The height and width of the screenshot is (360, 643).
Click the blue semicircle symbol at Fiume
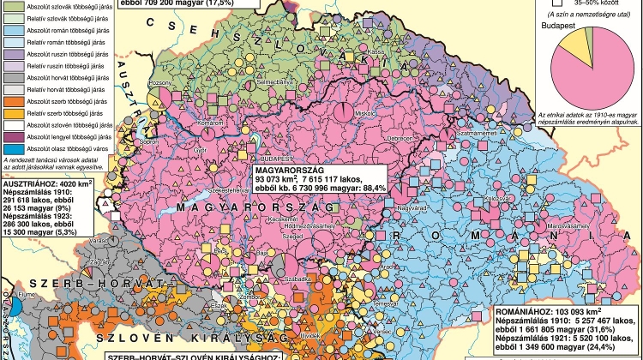click(x=5, y=294)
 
